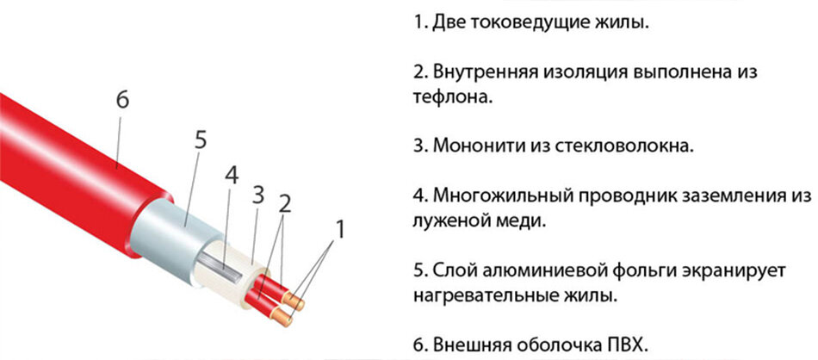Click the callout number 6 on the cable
(x=122, y=100)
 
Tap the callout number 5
(x=200, y=140)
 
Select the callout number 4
(x=231, y=176)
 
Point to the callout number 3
(x=258, y=194)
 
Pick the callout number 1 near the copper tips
(x=340, y=229)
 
